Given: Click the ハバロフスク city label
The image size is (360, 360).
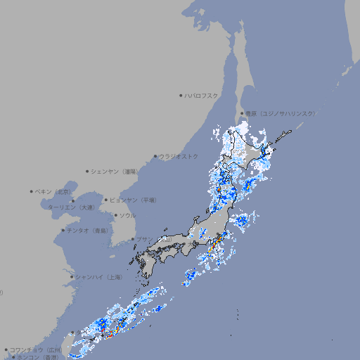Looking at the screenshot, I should pyautogui.click(x=202, y=95).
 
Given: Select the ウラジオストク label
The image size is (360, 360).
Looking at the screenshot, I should pyautogui.click(x=179, y=156).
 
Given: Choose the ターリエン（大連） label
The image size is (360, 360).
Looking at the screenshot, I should pyautogui.click(x=71, y=207).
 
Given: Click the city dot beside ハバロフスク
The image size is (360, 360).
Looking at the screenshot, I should pyautogui.click(x=181, y=95).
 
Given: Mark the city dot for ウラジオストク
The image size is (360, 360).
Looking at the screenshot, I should pyautogui.click(x=155, y=156).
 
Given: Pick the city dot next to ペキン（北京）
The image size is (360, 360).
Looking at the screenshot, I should pyautogui.click(x=32, y=191).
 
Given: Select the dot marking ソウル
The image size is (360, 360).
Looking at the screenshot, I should pyautogui.click(x=115, y=215).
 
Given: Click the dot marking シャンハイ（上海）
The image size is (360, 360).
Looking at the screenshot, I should pyautogui.click(x=72, y=277).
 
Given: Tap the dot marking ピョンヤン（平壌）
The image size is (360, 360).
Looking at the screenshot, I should pyautogui.click(x=107, y=200).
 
